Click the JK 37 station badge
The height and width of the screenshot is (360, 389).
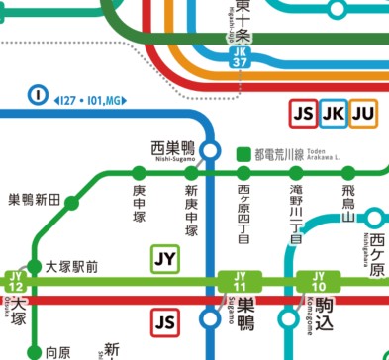[x=240, y=58]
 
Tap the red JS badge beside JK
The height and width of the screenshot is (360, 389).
[x=303, y=116]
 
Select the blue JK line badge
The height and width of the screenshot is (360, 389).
[x=334, y=116]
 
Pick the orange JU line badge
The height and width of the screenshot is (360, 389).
[x=364, y=116]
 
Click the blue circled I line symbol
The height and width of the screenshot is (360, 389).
[x=38, y=96]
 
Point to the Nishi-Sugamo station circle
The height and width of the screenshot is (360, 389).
[x=210, y=150]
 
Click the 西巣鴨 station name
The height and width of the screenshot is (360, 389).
[x=172, y=146]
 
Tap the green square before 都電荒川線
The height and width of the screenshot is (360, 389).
[x=243, y=155]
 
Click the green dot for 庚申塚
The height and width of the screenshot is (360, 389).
[x=139, y=175]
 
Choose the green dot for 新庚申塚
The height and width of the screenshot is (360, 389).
[x=191, y=175]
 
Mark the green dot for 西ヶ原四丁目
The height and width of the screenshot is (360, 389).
[x=243, y=175]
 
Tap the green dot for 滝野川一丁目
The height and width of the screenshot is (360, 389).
[x=295, y=175]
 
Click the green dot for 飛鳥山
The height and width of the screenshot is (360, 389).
[x=347, y=175]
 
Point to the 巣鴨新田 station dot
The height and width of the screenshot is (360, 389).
[x=71, y=204]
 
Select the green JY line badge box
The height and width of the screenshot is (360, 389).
[x=165, y=260]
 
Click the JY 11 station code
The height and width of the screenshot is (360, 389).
[x=238, y=281]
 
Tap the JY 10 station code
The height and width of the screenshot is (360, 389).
[x=318, y=281]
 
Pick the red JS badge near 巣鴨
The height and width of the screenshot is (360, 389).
[x=165, y=321]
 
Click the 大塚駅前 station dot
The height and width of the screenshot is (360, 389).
[x=36, y=266]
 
